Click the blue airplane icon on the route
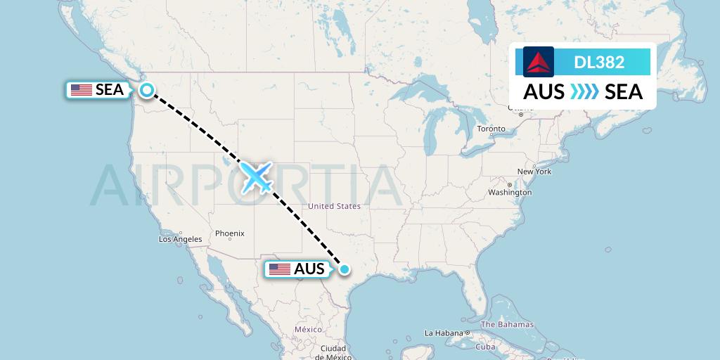257,177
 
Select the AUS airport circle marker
345,269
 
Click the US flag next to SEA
82,90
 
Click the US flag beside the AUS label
280,269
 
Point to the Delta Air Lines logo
539,62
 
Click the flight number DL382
599,62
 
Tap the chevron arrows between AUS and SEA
584,91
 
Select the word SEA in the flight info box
624,91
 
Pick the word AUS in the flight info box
544,91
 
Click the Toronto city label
491,129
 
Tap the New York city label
534,172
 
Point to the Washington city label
510,192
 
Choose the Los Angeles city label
180,239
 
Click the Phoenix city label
230,233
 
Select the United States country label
334,206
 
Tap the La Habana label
444,333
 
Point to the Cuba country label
485,347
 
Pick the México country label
308,329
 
